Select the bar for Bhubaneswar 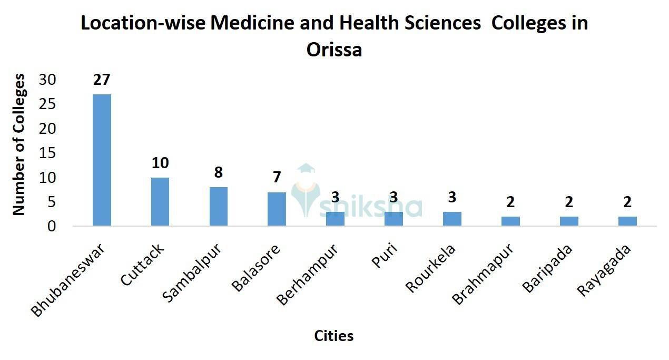pyautogui.click(x=102, y=160)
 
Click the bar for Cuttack pyautogui.click(x=160, y=201)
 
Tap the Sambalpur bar pyautogui.click(x=219, y=206)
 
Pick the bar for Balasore pyautogui.click(x=277, y=209)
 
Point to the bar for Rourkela pyautogui.click(x=452, y=219)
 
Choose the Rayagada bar pyautogui.click(x=627, y=221)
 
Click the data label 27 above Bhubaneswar pyautogui.click(x=102, y=80)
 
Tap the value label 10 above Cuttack pyautogui.click(x=160, y=163)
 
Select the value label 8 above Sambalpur pyautogui.click(x=219, y=173)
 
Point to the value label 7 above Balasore pyautogui.click(x=277, y=178)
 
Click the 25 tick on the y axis pyautogui.click(x=48, y=104)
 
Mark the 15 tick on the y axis pyautogui.click(x=48, y=153)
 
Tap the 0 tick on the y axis pyautogui.click(x=52, y=226)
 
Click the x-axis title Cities pyautogui.click(x=334, y=336)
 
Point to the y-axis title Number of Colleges pyautogui.click(x=19, y=144)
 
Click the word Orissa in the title pyautogui.click(x=334, y=50)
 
